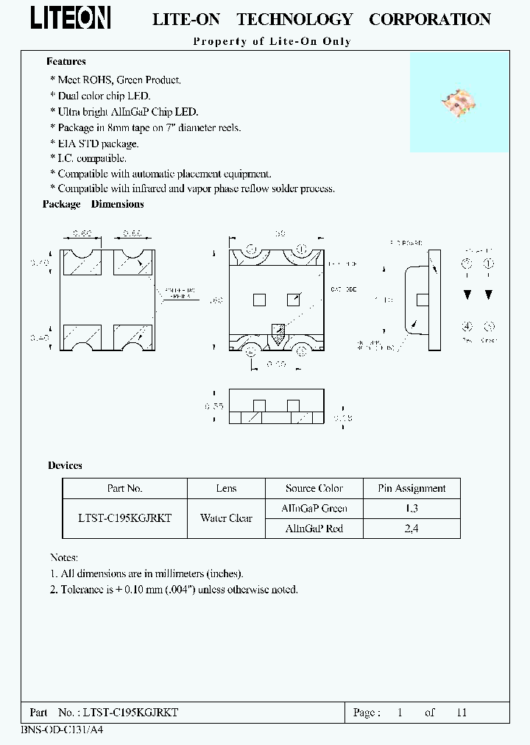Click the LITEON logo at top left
(70, 18)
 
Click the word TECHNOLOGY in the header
(294, 20)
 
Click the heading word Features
(66, 62)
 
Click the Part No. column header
(124, 488)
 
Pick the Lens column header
(226, 488)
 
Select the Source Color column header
(314, 488)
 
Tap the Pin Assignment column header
(411, 488)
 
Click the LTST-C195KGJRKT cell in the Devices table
(124, 518)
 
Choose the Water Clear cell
(226, 518)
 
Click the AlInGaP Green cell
(314, 508)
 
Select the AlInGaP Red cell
(314, 529)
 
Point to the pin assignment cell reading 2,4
(411, 529)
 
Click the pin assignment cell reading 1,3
(411, 508)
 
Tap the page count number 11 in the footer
(462, 713)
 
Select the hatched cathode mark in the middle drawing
(278, 333)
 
